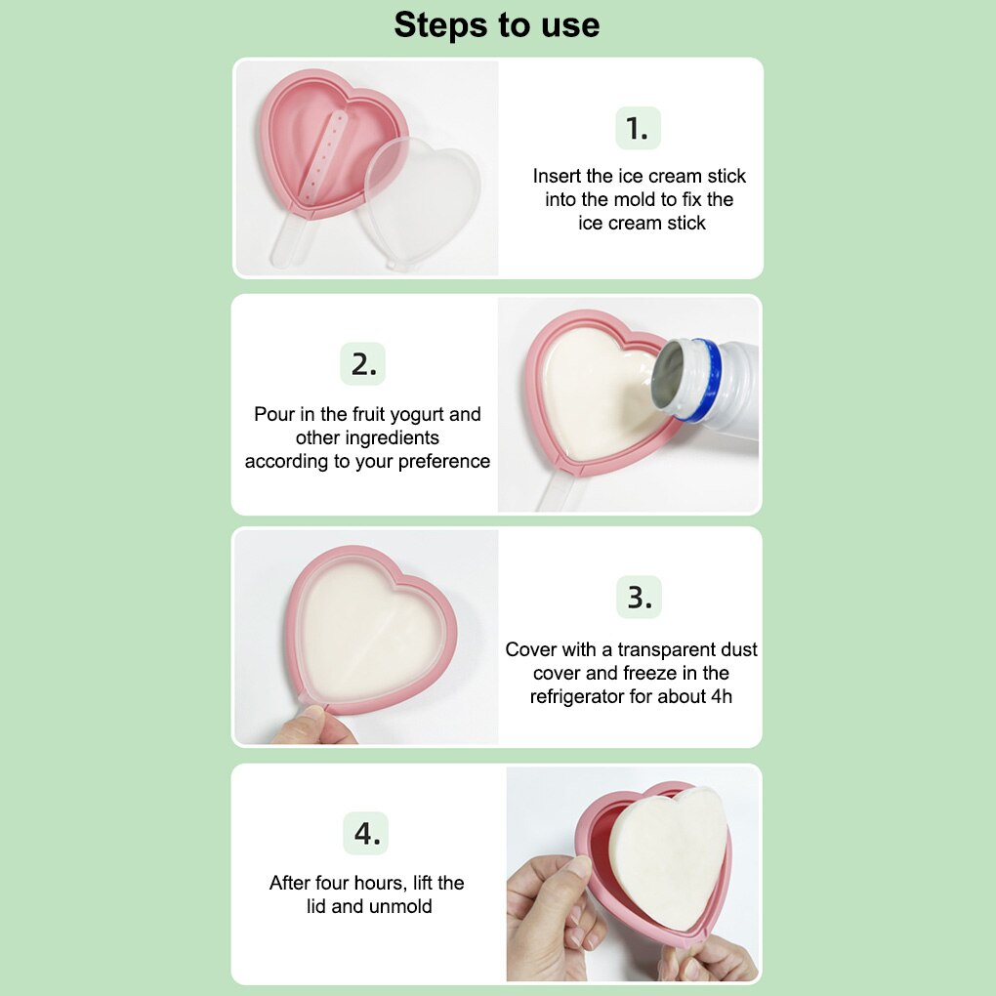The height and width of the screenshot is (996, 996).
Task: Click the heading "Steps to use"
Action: [x=497, y=25]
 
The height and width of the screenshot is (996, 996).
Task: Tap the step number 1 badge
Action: [x=638, y=128]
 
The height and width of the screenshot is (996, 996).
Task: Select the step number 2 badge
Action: [x=362, y=364]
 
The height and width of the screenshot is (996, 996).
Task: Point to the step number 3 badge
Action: [x=639, y=597]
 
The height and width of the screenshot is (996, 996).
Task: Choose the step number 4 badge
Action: [x=366, y=833]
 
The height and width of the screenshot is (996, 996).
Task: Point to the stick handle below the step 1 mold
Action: [x=291, y=240]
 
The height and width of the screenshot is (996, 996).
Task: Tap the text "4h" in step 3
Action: [x=722, y=696]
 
